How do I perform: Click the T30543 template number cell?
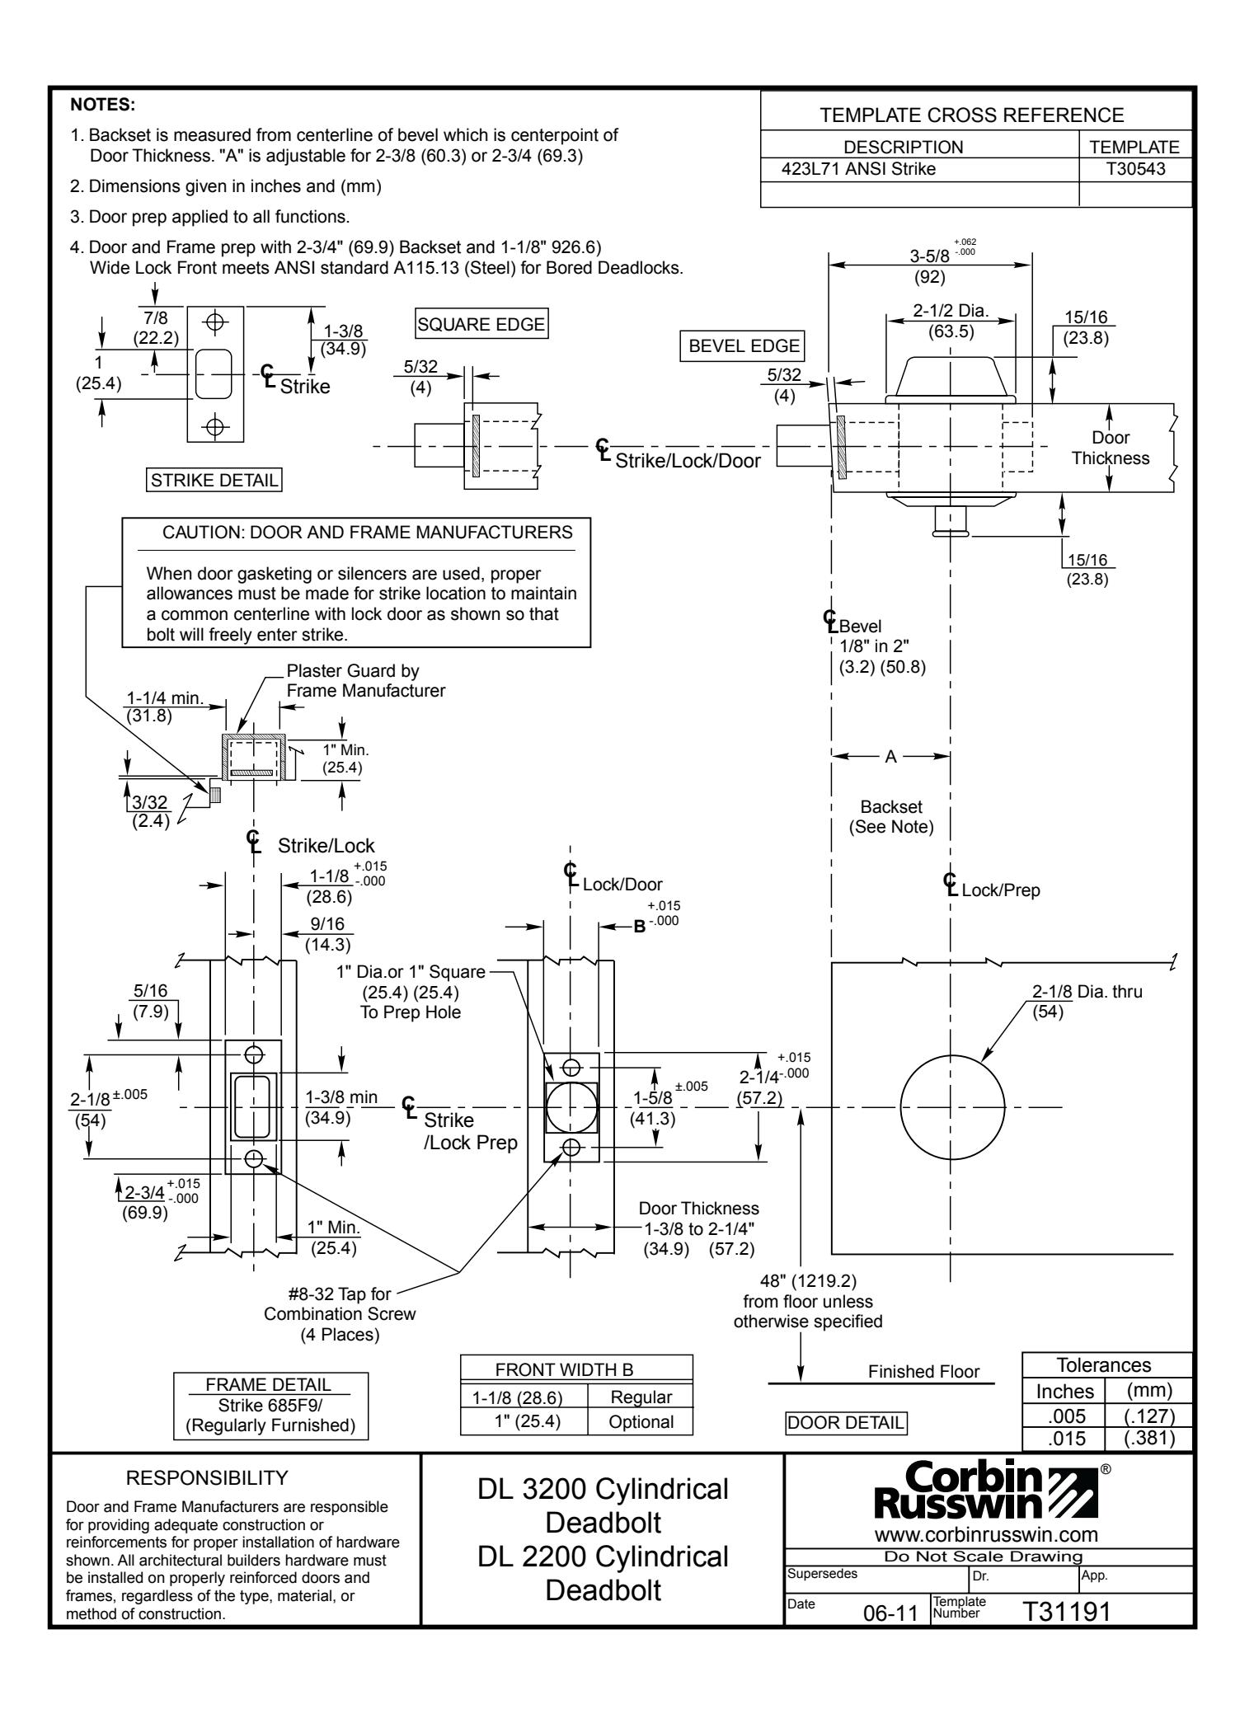pyautogui.click(x=1135, y=171)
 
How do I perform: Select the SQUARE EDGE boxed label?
pyautogui.click(x=482, y=324)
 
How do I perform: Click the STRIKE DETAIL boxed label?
pyautogui.click(x=213, y=479)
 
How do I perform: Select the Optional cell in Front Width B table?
pyautogui.click(x=639, y=1422)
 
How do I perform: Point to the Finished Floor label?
pyautogui.click(x=923, y=1371)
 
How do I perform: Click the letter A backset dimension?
pyautogui.click(x=890, y=757)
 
